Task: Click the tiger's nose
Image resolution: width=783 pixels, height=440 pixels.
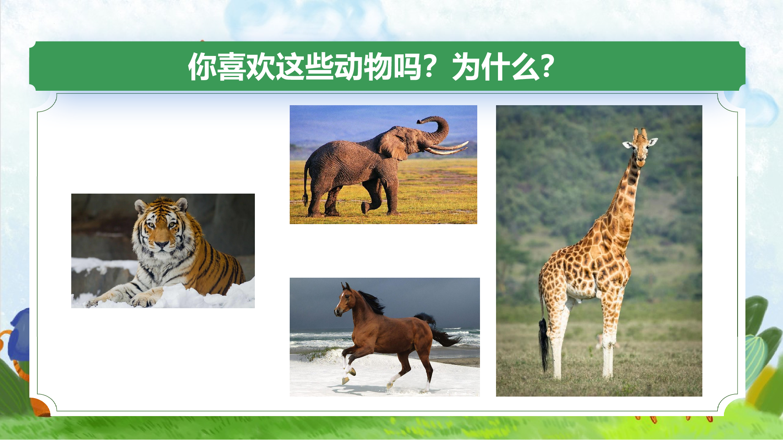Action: (x=162, y=245)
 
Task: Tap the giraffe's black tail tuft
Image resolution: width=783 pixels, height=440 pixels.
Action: (x=543, y=344)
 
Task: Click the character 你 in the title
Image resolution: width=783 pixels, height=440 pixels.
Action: (x=202, y=67)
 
